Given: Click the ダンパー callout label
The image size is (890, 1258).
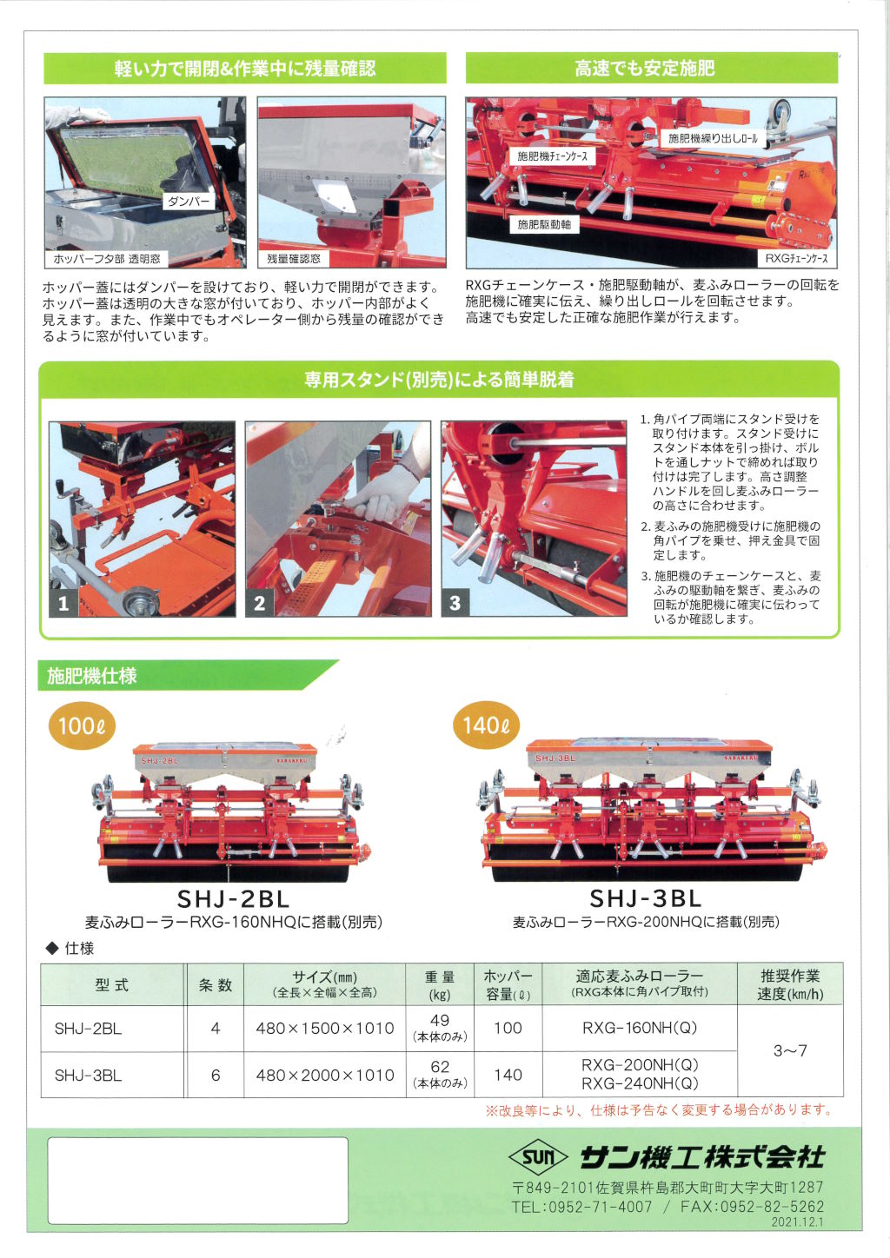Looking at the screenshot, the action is pyautogui.click(x=189, y=201).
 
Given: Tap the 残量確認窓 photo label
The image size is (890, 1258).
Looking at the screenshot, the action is pyautogui.click(x=293, y=259).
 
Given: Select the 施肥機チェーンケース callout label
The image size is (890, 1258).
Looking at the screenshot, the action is pyautogui.click(x=552, y=156).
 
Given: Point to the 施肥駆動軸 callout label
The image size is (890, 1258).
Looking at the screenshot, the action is pyautogui.click(x=544, y=225).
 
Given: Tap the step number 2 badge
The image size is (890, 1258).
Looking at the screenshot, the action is pyautogui.click(x=259, y=603).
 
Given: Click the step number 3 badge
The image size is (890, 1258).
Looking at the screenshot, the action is pyautogui.click(x=455, y=603).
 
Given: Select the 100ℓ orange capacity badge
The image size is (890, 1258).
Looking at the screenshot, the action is pyautogui.click(x=82, y=725).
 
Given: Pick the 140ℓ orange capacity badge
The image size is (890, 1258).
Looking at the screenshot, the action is pyautogui.click(x=487, y=725).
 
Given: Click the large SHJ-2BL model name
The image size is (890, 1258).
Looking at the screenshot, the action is pyautogui.click(x=233, y=899).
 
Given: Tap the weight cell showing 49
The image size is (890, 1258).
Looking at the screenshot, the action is pyautogui.click(x=440, y=1019).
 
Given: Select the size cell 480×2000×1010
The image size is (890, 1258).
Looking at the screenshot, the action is pyautogui.click(x=325, y=1075).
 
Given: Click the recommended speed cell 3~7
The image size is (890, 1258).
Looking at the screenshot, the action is pyautogui.click(x=790, y=1050).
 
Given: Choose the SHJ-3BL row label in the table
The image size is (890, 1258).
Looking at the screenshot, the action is pyautogui.click(x=88, y=1075).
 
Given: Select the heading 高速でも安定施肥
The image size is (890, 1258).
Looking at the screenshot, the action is pyautogui.click(x=645, y=69).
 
